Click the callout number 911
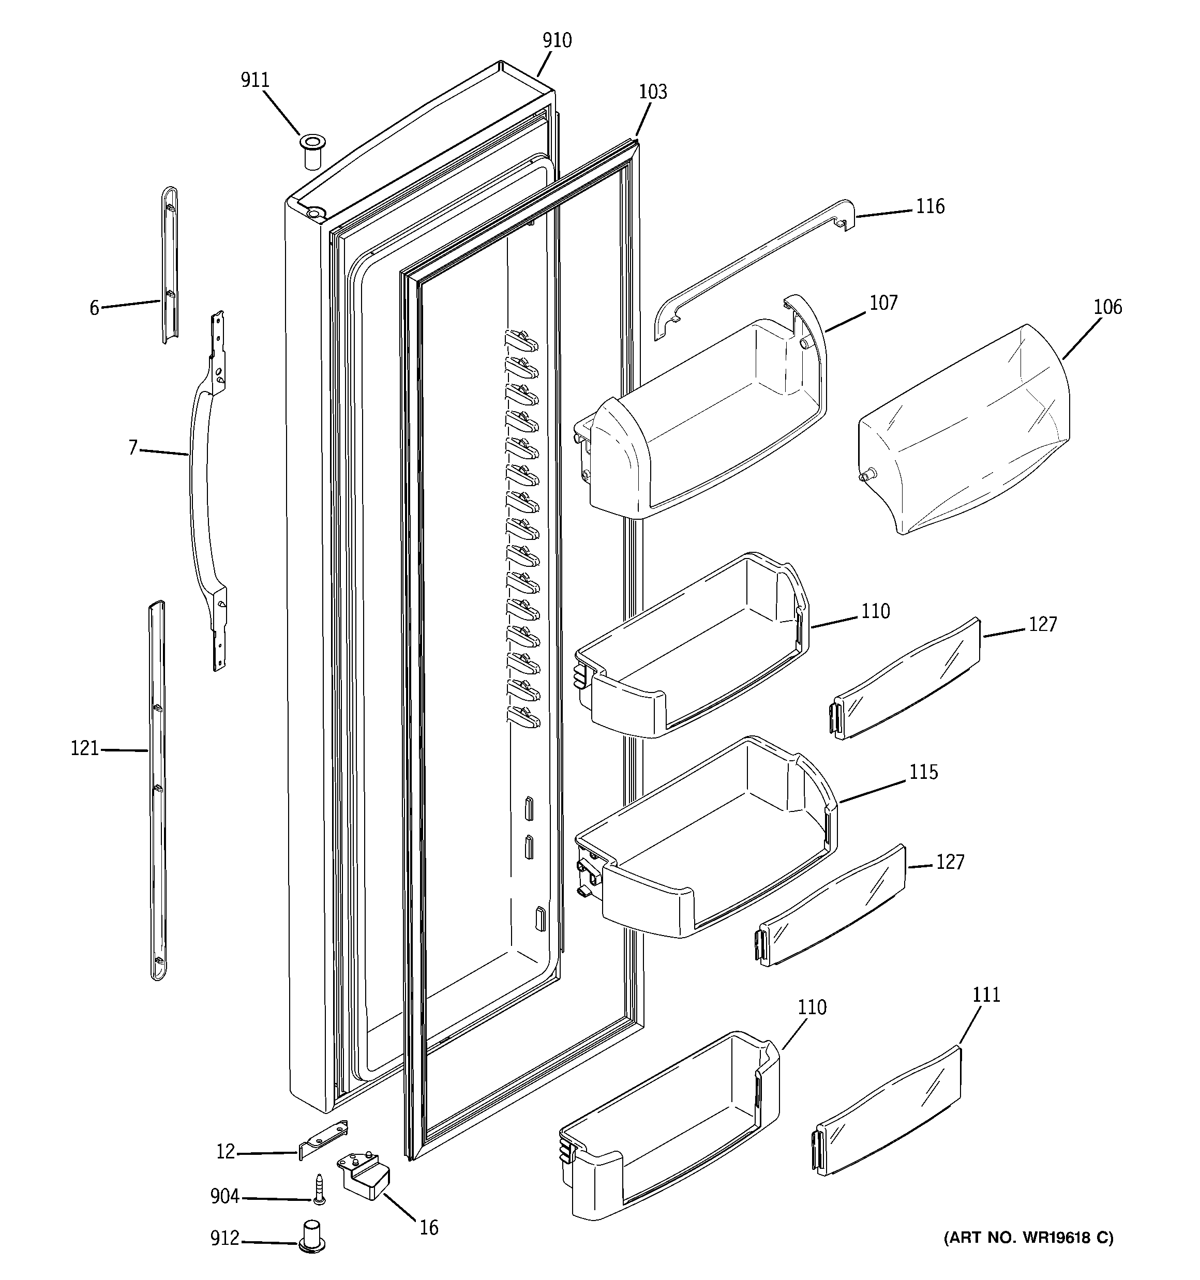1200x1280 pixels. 254,81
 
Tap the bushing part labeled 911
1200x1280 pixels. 312,152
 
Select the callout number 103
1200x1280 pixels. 652,92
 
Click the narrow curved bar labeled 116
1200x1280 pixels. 754,270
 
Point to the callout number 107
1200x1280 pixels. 883,303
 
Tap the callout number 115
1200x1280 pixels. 923,772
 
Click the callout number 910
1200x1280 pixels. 557,40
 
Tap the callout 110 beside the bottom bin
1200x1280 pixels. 812,1007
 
